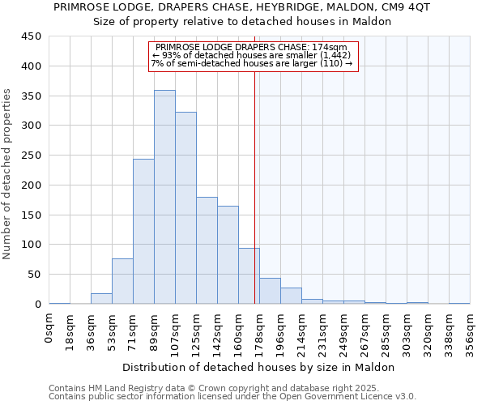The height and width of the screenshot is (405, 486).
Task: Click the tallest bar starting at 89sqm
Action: (x=164, y=197)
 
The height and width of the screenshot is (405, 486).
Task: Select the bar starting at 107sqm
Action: (x=185, y=208)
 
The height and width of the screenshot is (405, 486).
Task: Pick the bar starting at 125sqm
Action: (x=207, y=250)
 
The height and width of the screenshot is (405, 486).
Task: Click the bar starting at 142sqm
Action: (x=228, y=255)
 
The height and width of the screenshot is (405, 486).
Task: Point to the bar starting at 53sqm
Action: (x=122, y=281)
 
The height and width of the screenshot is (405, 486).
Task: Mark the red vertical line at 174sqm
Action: (x=255, y=186)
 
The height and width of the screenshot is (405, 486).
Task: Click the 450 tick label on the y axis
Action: (x=32, y=36)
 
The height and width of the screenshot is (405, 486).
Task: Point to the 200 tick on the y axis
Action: (x=32, y=185)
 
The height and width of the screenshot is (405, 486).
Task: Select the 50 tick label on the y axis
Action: (x=35, y=275)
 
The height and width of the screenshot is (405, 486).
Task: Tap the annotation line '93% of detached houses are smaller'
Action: (x=252, y=55)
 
